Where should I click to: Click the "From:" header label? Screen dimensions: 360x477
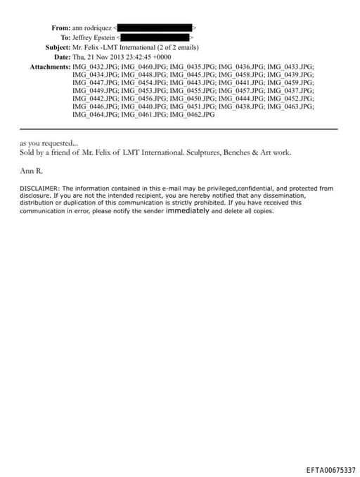pos(60,27)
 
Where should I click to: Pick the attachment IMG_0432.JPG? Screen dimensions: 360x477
pos(95,66)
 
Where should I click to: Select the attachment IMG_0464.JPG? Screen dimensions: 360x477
pos(95,114)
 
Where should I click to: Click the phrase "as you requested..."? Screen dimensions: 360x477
pos(49,142)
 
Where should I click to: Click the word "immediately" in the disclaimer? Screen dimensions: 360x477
pos(187,210)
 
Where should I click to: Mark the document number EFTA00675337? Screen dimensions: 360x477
pos(330,469)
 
